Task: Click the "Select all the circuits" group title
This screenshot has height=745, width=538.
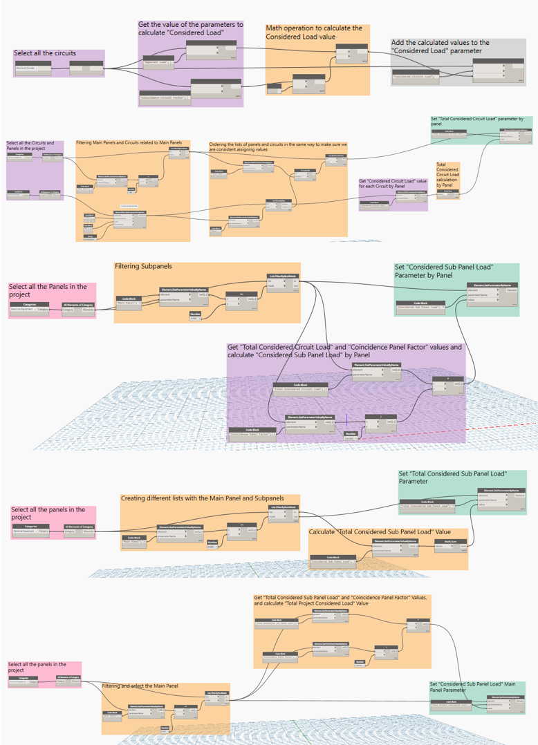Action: [x=45, y=53]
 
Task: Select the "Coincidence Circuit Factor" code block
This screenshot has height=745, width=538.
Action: [x=164, y=98]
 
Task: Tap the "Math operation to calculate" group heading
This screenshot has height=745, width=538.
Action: [x=314, y=32]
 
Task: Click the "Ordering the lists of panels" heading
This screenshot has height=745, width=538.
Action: [x=277, y=147]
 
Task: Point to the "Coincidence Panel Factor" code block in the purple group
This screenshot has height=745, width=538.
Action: [x=252, y=435]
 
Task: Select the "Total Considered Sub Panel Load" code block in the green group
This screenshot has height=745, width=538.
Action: [x=426, y=505]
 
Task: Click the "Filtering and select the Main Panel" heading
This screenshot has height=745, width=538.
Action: [x=140, y=686]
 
